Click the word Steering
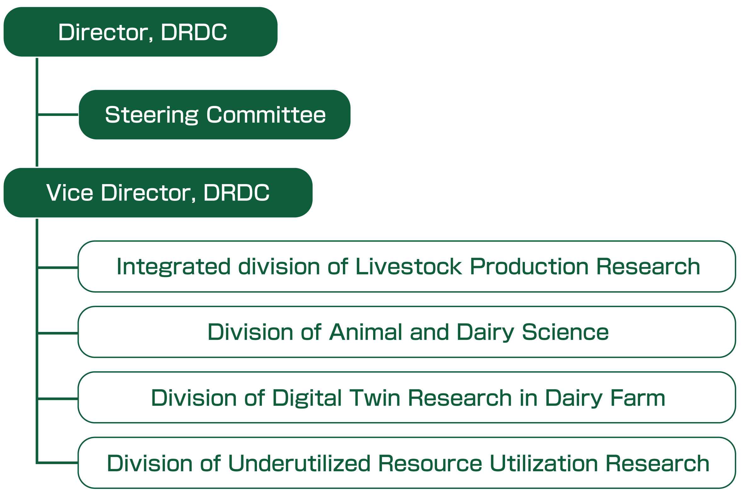pos(151,115)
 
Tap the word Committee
pos(266,114)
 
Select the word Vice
pos(70,193)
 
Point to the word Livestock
pos(408,266)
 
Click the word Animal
pos(365,332)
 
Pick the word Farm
pos(637,398)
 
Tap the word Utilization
pos(543,464)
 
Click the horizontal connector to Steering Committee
pos(58,114)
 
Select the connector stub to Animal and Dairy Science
pos(58,333)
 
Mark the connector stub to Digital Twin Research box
pos(58,399)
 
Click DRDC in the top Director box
pos(194,32)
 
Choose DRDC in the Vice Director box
pos(236,193)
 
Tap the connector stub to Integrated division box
pos(58,268)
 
